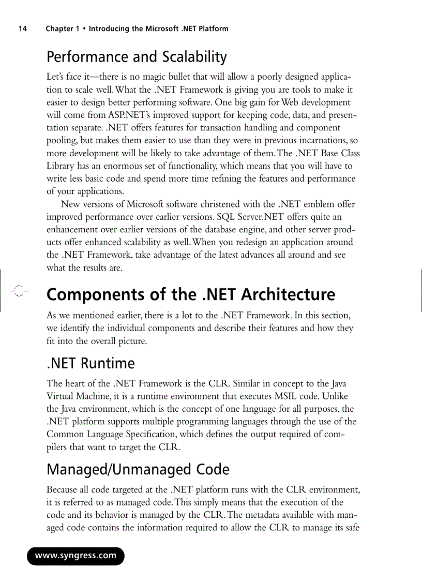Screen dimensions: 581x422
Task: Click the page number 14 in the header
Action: click(x=22, y=29)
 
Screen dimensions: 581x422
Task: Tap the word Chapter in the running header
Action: click(x=59, y=29)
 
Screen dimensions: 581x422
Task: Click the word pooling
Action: click(x=61, y=140)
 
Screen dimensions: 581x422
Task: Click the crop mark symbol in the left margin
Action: click(x=18, y=291)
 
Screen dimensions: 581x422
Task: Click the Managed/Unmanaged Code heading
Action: click(x=138, y=469)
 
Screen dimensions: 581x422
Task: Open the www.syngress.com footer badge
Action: click(x=76, y=556)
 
